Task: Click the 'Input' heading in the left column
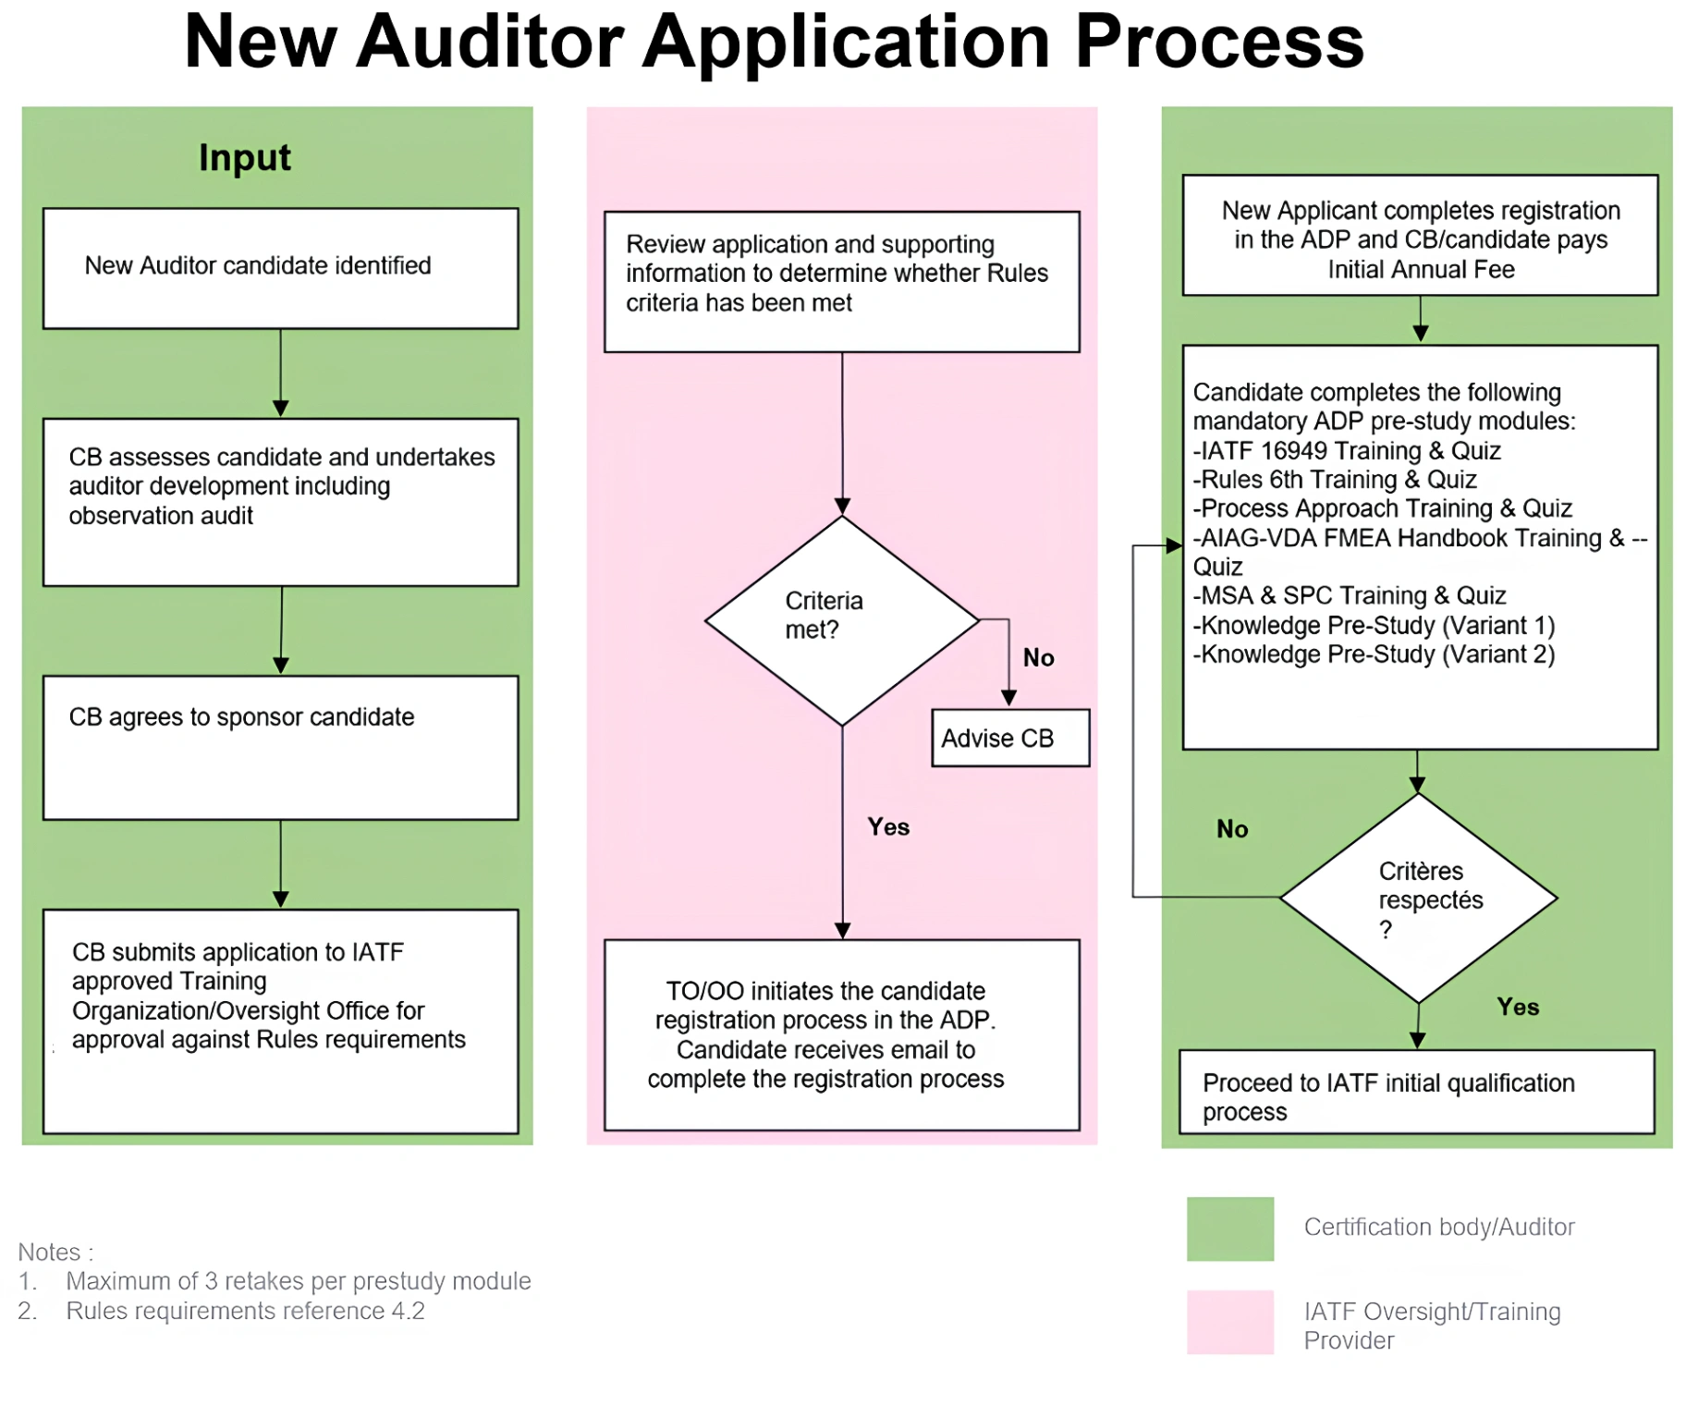click(244, 158)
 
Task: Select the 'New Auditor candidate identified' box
click(280, 268)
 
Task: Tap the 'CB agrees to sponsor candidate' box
click(280, 747)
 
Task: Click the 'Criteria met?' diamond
click(841, 619)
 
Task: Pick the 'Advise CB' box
click(1009, 738)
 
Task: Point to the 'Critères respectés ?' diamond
click(1418, 898)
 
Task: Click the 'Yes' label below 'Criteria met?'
click(888, 826)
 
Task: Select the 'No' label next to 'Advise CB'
click(1038, 657)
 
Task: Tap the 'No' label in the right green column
click(1231, 828)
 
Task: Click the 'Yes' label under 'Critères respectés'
click(1518, 1007)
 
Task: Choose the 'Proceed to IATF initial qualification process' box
click(1416, 1092)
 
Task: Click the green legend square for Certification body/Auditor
click(1229, 1229)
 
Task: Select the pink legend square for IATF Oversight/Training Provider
click(1229, 1322)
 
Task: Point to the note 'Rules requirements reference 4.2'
click(245, 1311)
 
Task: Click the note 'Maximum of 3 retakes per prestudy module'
click(298, 1281)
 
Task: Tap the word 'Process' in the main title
click(1219, 42)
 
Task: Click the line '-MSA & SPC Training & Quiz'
click(1350, 595)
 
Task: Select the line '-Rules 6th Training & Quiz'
click(1335, 480)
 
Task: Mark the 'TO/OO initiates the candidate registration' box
click(841, 1034)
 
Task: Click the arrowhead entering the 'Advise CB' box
click(1009, 699)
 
